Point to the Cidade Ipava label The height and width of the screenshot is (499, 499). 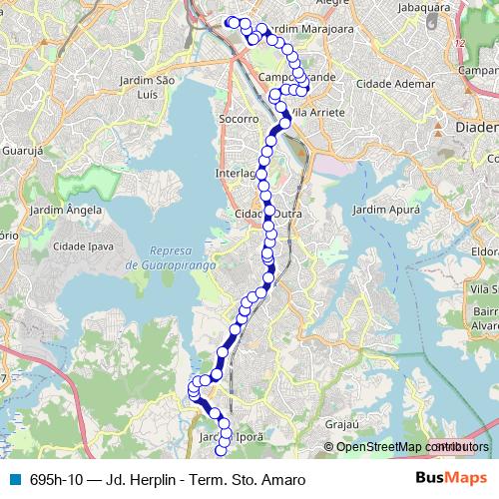(82, 245)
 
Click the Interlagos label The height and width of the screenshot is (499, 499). (236, 173)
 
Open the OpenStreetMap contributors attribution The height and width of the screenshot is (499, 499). (410, 447)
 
